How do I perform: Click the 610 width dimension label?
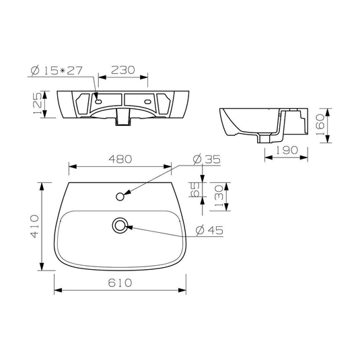pyautogui.click(x=120, y=283)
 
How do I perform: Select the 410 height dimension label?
pyautogui.click(x=35, y=226)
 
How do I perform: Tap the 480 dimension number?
pyautogui.click(x=120, y=159)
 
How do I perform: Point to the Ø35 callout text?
pyautogui.click(x=207, y=159)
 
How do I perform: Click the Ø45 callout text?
pyautogui.click(x=210, y=230)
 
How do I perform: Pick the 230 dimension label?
pyautogui.click(x=123, y=70)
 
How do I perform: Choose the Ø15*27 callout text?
pyautogui.click(x=57, y=70)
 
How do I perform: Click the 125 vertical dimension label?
pyautogui.click(x=38, y=103)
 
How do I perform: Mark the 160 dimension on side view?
pyautogui.click(x=320, y=125)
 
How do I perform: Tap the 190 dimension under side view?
pyautogui.click(x=287, y=150)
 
